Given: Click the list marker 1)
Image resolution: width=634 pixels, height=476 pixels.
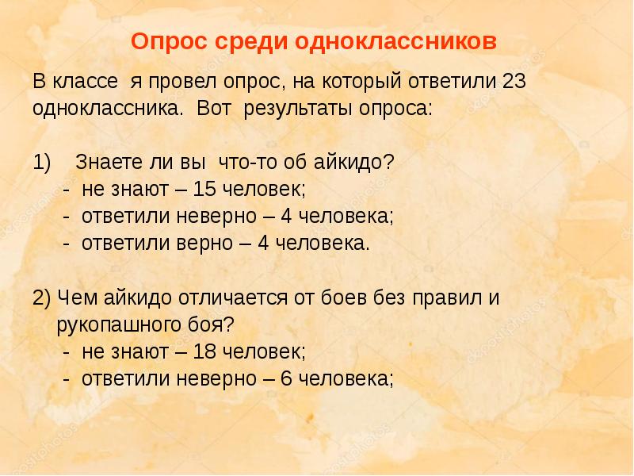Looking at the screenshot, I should pos(43,163).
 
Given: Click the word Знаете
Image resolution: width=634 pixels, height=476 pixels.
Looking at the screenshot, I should pos(105,163).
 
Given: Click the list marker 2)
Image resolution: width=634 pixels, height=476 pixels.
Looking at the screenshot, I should pos(42,298).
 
